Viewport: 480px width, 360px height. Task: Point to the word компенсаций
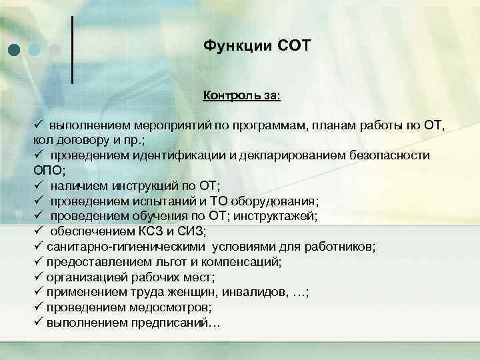coord(239,261)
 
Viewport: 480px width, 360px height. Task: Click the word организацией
coord(82,277)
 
